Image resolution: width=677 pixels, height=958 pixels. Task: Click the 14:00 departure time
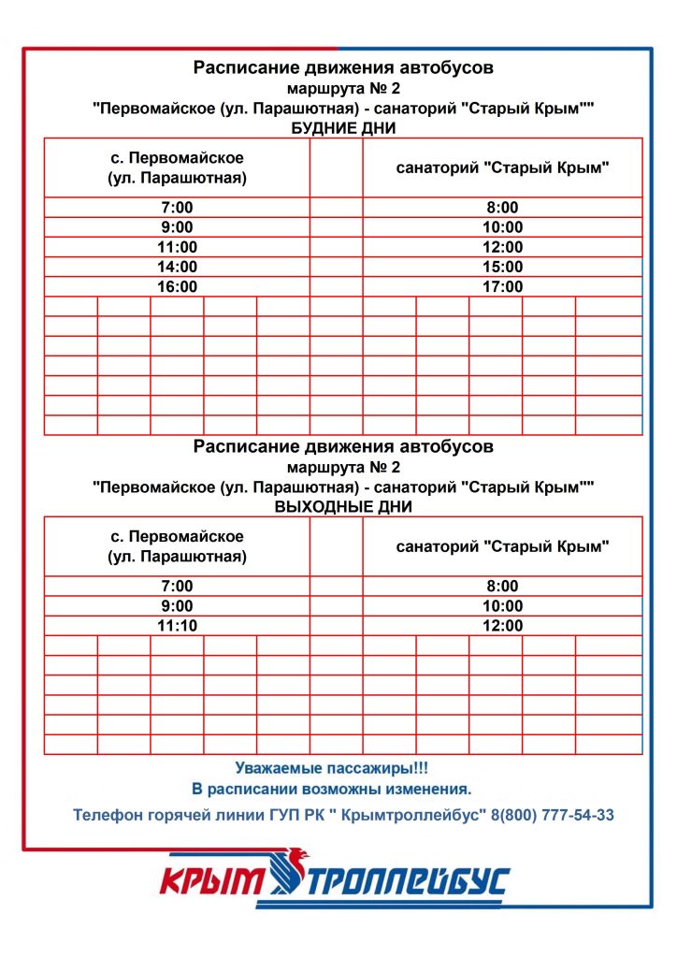177,267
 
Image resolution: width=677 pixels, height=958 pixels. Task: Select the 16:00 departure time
177,286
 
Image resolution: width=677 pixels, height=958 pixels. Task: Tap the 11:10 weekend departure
177,626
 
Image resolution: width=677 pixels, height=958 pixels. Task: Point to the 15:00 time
502,267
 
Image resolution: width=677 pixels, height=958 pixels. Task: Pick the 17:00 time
502,286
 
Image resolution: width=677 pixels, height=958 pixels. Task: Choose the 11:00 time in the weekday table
177,247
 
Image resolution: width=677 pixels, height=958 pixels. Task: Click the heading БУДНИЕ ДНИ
342,128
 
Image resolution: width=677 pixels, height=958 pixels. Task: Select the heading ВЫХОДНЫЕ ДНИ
342,506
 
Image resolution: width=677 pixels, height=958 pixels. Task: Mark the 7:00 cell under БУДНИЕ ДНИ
177,208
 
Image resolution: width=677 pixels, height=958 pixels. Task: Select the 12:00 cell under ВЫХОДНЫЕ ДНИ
502,626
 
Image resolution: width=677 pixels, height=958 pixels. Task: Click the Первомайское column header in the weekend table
177,546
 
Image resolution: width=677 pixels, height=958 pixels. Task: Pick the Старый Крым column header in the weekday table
502,168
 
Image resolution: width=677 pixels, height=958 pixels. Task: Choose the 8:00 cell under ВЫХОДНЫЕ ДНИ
502,587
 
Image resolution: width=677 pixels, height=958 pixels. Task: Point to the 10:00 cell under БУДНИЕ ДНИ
502,227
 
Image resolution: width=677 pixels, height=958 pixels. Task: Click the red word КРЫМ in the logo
214,881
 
